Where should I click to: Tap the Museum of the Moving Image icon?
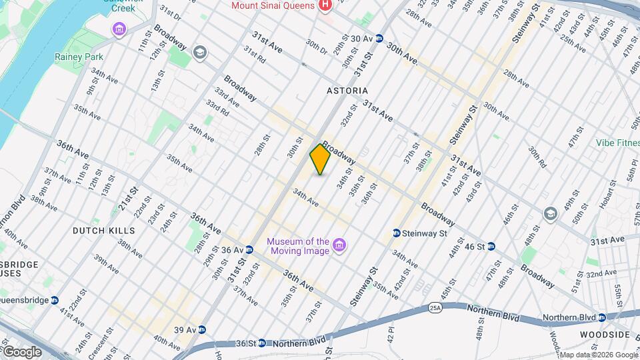[339, 246]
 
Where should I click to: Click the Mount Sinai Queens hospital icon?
[325, 6]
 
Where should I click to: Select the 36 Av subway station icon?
[249, 250]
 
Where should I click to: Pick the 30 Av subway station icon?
[379, 39]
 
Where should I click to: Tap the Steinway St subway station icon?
[397, 233]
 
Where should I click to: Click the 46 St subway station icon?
[492, 247]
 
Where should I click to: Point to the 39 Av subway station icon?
[202, 329]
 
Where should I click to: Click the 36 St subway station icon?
[261, 343]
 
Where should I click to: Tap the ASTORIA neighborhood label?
[347, 90]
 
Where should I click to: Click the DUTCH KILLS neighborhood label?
[104, 231]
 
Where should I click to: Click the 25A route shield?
[435, 308]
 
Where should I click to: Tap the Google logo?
[22, 351]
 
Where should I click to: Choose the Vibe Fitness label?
[617, 143]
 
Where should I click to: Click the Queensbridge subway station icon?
[55, 300]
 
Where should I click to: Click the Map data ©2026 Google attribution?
[598, 355]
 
